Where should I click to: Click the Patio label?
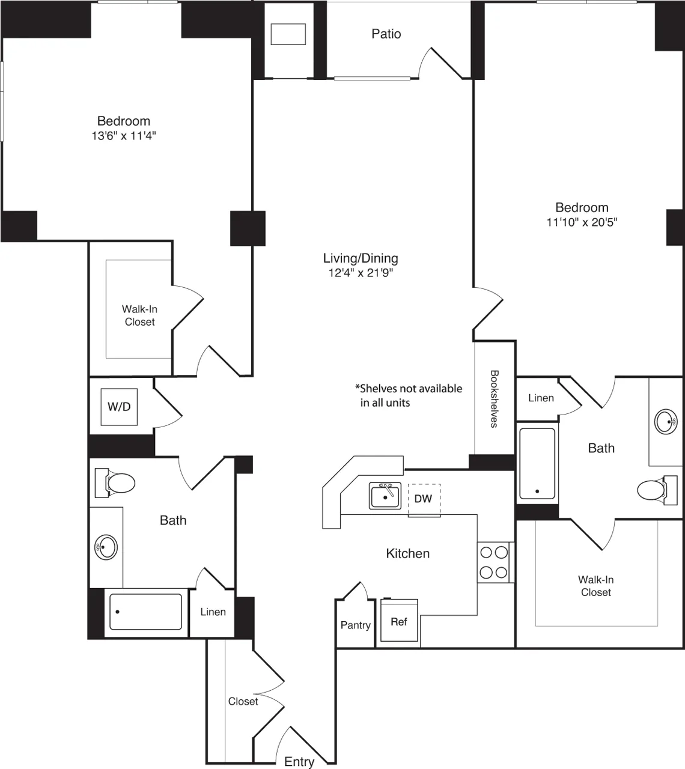pos(386,34)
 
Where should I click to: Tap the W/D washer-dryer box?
pos(119,407)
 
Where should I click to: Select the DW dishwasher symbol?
pos(424,499)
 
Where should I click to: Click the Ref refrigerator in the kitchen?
pos(399,621)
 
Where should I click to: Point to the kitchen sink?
pos(385,496)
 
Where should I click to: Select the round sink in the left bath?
pos(106,547)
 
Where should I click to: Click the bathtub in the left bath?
pos(146,612)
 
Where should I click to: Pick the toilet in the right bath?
pos(652,489)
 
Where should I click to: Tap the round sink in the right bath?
pos(666,421)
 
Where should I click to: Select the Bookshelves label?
pos(494,398)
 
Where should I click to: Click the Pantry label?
pos(355,625)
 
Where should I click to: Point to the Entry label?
pos(299,761)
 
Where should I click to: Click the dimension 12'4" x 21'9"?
pos(361,273)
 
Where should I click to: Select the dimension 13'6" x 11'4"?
pos(124,136)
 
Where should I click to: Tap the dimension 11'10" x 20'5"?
pos(582,222)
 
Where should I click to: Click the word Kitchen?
pos(407,553)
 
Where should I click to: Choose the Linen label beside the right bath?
pos(541,398)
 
